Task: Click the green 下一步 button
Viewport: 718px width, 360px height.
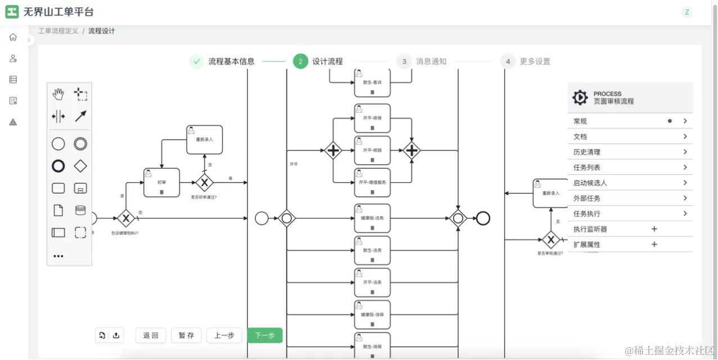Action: coord(265,335)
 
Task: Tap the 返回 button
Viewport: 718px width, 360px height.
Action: coord(151,335)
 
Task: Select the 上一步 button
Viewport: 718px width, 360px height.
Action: coord(224,335)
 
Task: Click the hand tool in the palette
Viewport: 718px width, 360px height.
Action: coord(58,94)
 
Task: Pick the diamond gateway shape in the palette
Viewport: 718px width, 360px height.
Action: coord(80,166)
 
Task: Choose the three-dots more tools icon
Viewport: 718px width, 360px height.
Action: coord(58,256)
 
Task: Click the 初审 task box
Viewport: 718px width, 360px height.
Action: coord(161,182)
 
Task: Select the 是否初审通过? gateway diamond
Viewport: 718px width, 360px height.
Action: coord(205,182)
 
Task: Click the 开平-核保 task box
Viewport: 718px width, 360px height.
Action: coord(372,118)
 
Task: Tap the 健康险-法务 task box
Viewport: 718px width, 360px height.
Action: coord(372,218)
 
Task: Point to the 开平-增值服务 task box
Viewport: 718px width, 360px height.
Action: coord(372,182)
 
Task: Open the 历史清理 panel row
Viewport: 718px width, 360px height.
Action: coord(630,152)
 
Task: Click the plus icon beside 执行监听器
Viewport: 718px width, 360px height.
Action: coord(654,229)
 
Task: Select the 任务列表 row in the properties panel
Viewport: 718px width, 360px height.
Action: coord(630,167)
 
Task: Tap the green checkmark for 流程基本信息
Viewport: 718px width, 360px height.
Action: coord(196,61)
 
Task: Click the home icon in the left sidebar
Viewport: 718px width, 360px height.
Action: coord(13,37)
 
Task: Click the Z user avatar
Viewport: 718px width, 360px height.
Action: coord(687,12)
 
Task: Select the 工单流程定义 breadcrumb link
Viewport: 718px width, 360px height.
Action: coord(58,31)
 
